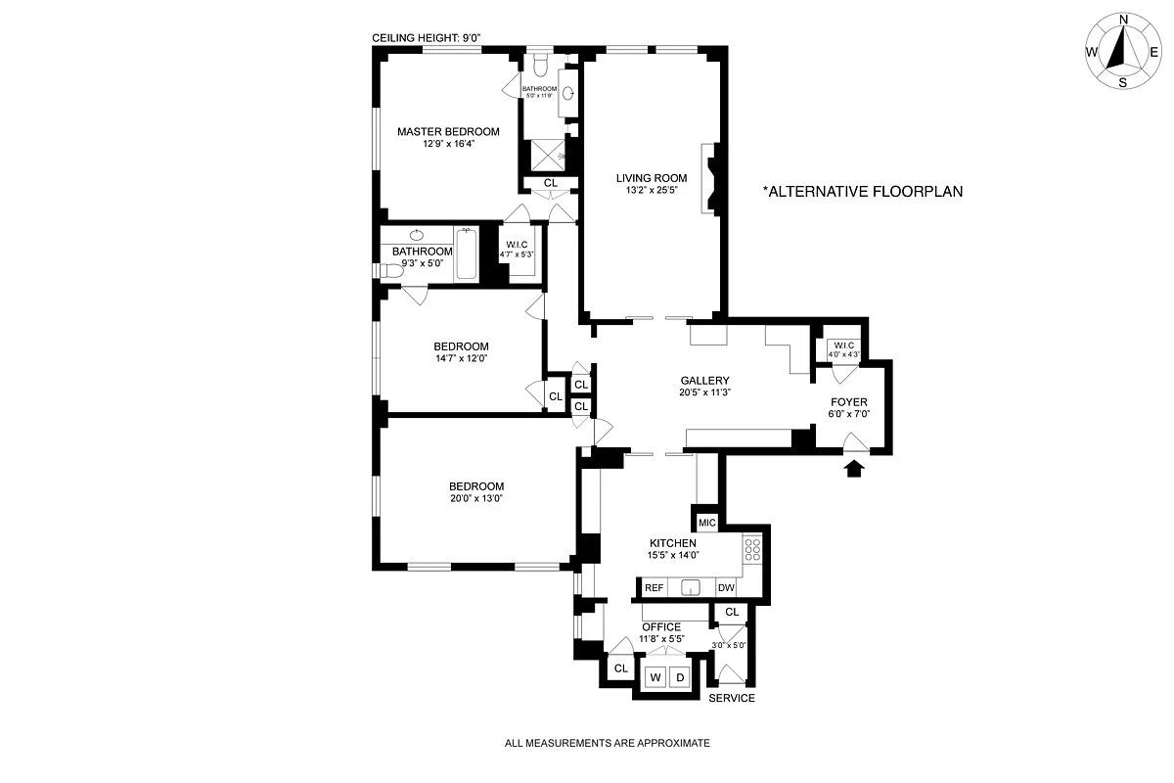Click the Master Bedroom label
click(448, 131)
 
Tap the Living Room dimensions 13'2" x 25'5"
click(651, 192)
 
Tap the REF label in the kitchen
click(654, 588)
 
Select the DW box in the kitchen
click(726, 588)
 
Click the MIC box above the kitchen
click(706, 523)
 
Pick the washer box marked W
click(655, 677)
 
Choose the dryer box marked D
click(681, 677)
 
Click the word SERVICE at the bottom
click(731, 698)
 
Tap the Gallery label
click(705, 381)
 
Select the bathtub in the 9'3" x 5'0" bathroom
click(466, 254)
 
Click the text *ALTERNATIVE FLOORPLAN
click(862, 192)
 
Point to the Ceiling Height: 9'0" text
click(427, 38)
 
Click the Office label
click(661, 627)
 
